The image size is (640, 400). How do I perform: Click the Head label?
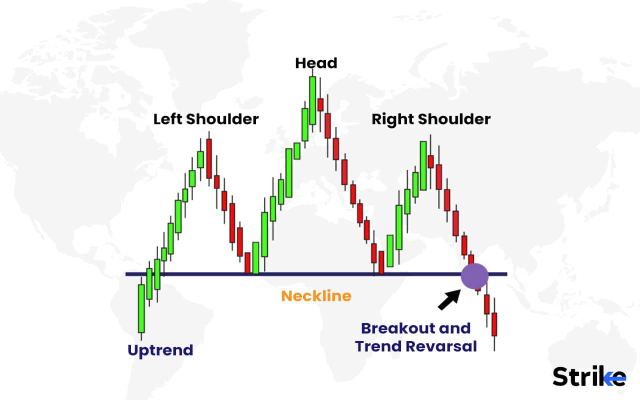pyautogui.click(x=316, y=63)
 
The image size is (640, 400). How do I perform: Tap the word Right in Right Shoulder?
pyautogui.click(x=392, y=119)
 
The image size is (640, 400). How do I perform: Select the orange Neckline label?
pyautogui.click(x=316, y=296)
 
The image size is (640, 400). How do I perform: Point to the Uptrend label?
pyautogui.click(x=160, y=350)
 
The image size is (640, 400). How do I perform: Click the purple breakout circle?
pyautogui.click(x=474, y=276)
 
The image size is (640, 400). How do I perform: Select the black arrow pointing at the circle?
pyautogui.click(x=448, y=298)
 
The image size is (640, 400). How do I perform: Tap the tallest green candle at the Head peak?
pyautogui.click(x=312, y=100)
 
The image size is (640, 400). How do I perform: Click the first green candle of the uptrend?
pyautogui.click(x=141, y=307)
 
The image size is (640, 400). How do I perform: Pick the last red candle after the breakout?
pyautogui.click(x=494, y=324)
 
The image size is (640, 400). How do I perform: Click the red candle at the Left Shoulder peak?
pyautogui.click(x=209, y=157)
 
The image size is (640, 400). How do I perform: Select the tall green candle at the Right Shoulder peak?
pyautogui.click(x=423, y=165)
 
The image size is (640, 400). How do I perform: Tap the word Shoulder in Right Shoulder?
pyautogui.click(x=452, y=119)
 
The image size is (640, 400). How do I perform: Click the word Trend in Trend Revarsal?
pyautogui.click(x=374, y=346)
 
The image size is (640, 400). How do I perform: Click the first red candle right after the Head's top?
pyautogui.click(x=320, y=104)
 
